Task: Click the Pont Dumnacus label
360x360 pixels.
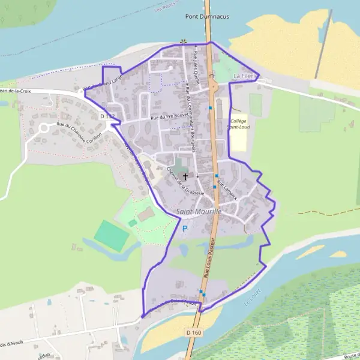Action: coord(207,17)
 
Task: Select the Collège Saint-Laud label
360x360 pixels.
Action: coord(238,124)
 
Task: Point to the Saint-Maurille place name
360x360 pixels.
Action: coord(199,212)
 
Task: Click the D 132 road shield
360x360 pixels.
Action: coord(107,115)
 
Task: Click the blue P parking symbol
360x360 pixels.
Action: coord(185,229)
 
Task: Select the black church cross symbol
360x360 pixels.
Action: coord(185,176)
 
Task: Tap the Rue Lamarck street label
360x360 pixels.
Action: coord(227,190)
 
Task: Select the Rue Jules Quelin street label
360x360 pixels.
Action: coord(196,64)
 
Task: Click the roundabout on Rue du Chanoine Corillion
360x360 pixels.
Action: coord(44,128)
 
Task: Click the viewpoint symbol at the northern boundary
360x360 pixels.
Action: coord(182,42)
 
